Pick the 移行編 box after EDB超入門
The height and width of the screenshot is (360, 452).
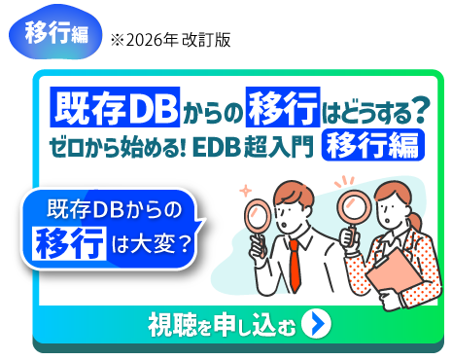click(x=372, y=147)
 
